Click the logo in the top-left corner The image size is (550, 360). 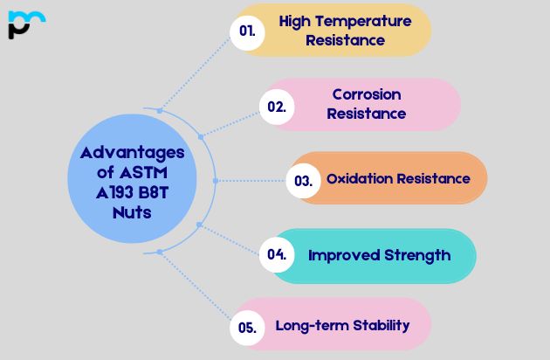click(x=25, y=24)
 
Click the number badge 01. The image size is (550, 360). click(x=247, y=31)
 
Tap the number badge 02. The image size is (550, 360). click(x=277, y=107)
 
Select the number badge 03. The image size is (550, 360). click(x=303, y=181)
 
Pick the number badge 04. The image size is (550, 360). click(x=277, y=255)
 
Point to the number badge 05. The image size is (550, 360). click(x=247, y=328)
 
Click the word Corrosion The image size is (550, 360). click(x=367, y=94)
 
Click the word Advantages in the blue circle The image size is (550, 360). click(x=132, y=152)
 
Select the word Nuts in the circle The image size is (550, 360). click(x=132, y=212)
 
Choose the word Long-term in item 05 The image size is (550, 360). click(x=312, y=326)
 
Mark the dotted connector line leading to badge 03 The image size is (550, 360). click(x=253, y=181)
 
